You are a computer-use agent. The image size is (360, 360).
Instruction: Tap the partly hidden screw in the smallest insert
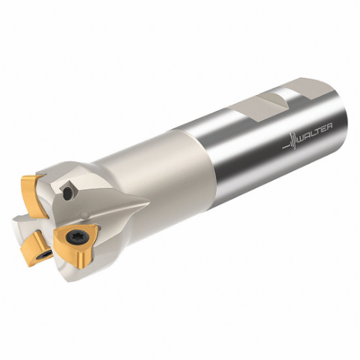(45, 253)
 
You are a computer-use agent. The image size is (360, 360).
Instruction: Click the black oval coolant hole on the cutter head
(72, 190)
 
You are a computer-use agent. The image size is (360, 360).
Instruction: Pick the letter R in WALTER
(331, 126)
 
